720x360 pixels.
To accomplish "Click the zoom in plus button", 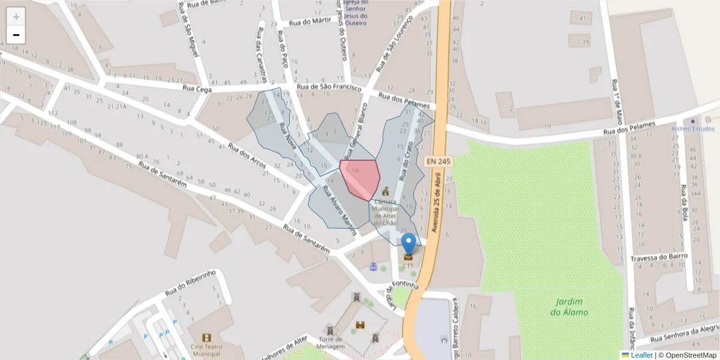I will coord(16,17).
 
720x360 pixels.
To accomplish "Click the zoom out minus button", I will coord(16,35).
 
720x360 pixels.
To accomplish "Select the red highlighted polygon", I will coord(360,177).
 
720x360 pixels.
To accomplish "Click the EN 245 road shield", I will coord(438,161).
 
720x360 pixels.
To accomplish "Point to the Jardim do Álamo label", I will coord(569,307).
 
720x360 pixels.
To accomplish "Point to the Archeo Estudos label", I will coord(693,129).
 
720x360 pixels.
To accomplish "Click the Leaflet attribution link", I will coord(641,355).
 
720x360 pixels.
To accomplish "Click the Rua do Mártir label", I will coord(310,22).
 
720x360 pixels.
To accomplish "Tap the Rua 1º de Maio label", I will coord(617,99).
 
